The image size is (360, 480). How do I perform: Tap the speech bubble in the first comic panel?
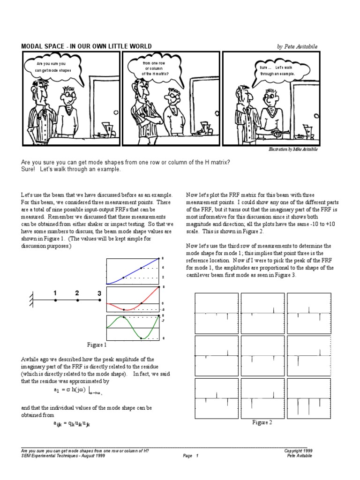(x=51, y=67)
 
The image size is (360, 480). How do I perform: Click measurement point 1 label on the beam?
(x=55, y=293)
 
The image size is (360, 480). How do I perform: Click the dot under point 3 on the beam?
(x=100, y=300)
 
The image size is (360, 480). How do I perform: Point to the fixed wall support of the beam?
(x=31, y=300)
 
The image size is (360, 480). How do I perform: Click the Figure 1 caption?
(x=97, y=345)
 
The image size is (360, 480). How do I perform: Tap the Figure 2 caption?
(x=262, y=422)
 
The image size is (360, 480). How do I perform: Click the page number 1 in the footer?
(x=197, y=455)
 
